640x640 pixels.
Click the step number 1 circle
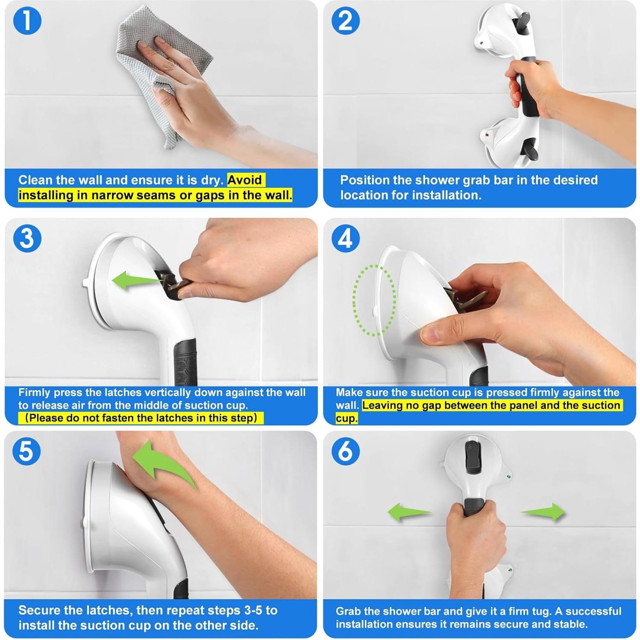27,21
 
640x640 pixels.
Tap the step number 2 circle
346,21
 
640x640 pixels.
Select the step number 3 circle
27,238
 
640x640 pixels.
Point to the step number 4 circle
346,238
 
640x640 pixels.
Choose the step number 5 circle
26,451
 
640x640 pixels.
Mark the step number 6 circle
346,451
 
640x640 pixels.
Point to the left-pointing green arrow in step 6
409,512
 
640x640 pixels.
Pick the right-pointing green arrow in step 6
543,512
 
